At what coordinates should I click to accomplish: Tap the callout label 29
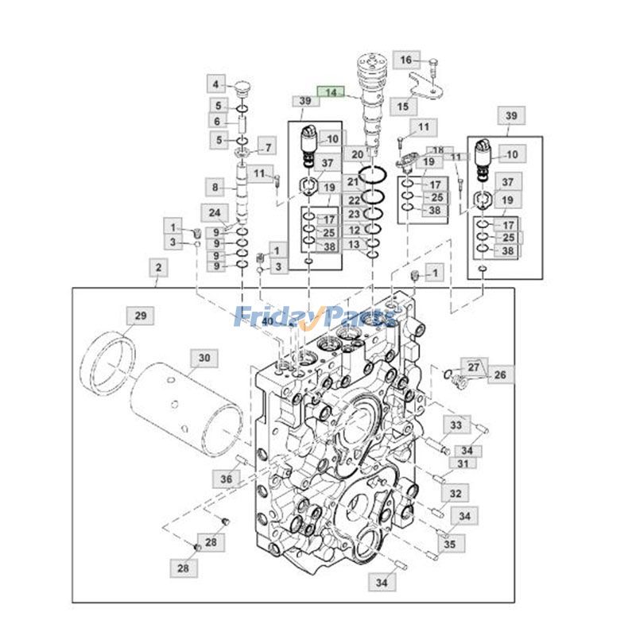click(x=140, y=316)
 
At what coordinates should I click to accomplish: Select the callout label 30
click(x=204, y=359)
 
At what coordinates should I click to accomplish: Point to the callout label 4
click(x=215, y=83)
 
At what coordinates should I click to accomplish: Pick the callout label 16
click(x=406, y=60)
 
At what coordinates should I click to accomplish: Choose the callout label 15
click(x=403, y=106)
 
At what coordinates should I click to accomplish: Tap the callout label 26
click(x=500, y=374)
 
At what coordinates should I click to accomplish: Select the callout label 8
click(x=215, y=188)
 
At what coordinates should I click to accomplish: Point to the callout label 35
click(x=449, y=545)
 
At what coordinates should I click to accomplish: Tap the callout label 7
click(x=268, y=147)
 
